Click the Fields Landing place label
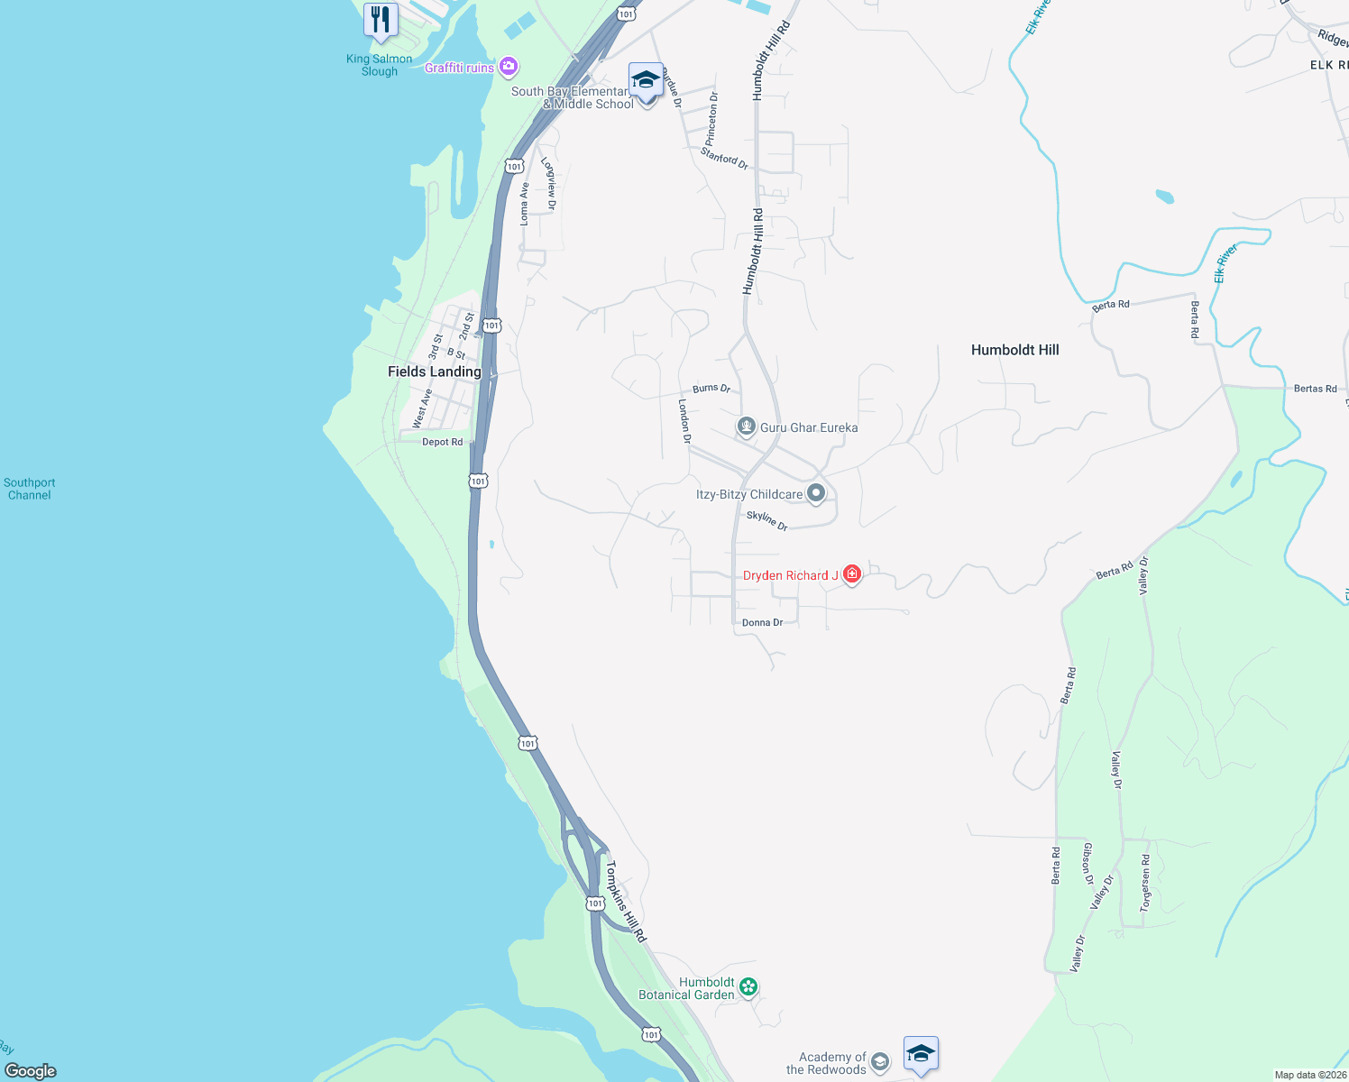tap(434, 371)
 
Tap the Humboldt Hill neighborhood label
tap(1014, 350)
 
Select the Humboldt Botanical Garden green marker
tap(748, 986)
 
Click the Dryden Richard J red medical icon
tap(851, 574)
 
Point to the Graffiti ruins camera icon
tap(509, 67)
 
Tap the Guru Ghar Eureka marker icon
tap(746, 426)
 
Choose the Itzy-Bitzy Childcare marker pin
tap(816, 493)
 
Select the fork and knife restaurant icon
tap(381, 20)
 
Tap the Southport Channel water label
tap(29, 489)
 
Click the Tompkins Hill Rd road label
tap(626, 902)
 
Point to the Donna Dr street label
tap(762, 623)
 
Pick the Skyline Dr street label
tap(766, 520)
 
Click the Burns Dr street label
tap(711, 389)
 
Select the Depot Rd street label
tap(442, 442)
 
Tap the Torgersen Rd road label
tap(1145, 883)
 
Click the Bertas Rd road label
tap(1315, 389)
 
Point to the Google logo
tap(31, 1070)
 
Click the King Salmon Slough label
tap(379, 65)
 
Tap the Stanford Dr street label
tap(724, 159)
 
